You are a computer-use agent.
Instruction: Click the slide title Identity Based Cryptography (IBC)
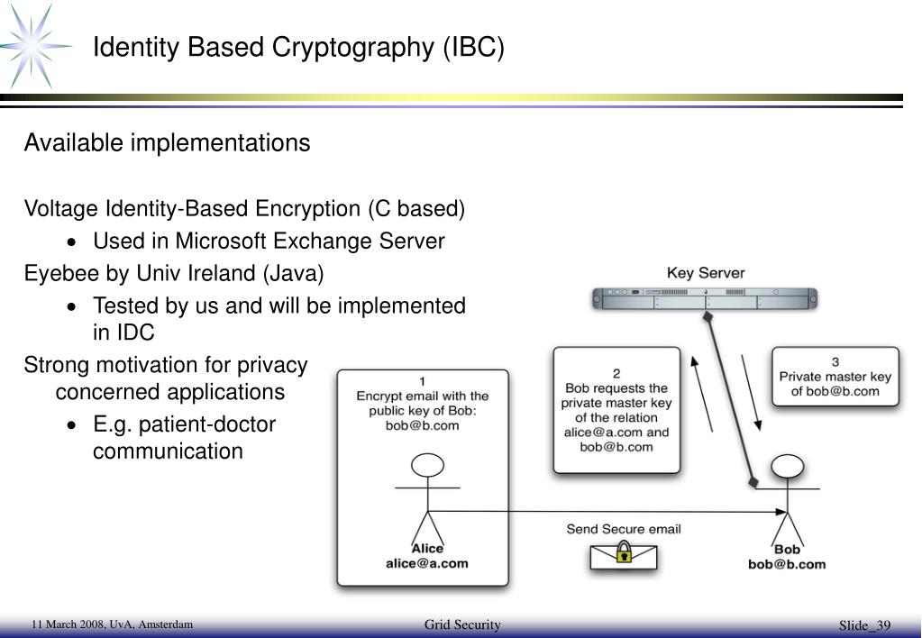coord(298,47)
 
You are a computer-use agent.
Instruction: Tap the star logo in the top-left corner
coord(36,45)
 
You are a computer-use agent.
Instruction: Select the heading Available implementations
coord(167,143)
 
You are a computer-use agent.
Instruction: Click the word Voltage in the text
coord(60,209)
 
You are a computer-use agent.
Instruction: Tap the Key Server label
coord(706,273)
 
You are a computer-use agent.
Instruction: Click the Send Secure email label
coord(623,529)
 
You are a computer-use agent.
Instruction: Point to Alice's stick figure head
coord(427,465)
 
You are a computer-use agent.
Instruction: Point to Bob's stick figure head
coord(787,466)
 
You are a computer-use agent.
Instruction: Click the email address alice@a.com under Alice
coord(427,564)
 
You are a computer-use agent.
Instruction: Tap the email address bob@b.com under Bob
coord(787,565)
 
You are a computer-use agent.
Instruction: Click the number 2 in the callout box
coord(616,372)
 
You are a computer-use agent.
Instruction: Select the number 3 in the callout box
coord(835,362)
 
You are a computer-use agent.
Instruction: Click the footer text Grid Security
coord(461,625)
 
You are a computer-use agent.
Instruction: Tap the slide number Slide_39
coord(864,626)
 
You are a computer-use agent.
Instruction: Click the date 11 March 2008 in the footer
coord(66,624)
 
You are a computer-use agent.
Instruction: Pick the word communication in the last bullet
coord(168,451)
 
